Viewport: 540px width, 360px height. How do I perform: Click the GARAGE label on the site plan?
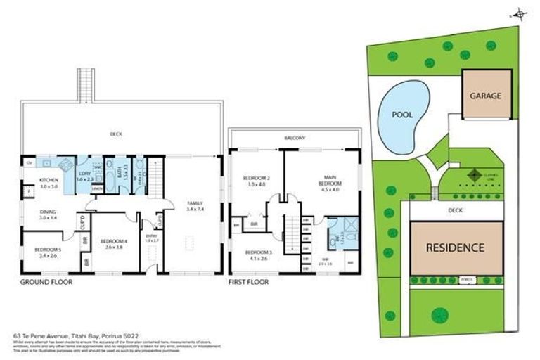[485, 96]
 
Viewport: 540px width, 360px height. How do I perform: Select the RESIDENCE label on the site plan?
[454, 247]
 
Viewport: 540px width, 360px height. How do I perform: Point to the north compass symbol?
[520, 13]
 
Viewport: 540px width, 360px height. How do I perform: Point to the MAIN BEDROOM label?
[330, 183]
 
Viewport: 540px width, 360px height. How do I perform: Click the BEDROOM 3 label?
[257, 255]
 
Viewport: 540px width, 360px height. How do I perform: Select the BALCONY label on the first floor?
[295, 139]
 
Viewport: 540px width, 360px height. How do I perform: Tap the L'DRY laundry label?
[86, 176]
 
